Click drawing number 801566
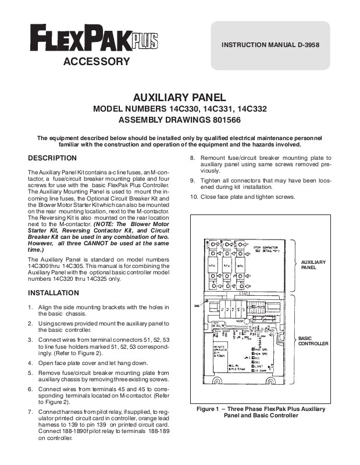(222, 120)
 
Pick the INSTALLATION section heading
(54, 292)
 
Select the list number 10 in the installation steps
(194, 197)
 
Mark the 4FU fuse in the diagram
(213, 264)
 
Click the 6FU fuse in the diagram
(241, 264)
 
